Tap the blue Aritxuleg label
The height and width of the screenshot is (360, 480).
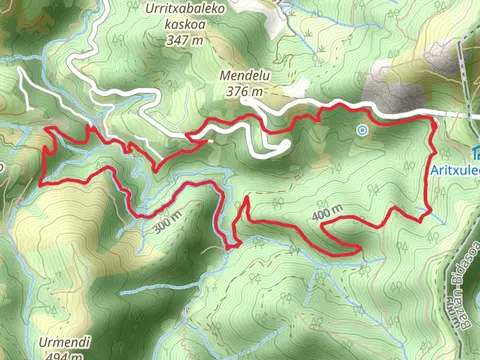[455, 170]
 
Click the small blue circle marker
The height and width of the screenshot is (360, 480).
[362, 129]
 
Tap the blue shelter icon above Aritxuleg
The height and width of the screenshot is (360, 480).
[476, 152]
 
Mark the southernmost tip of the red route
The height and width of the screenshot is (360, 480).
[231, 247]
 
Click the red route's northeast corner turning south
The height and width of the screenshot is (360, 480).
[433, 118]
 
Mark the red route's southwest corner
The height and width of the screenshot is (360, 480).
[41, 184]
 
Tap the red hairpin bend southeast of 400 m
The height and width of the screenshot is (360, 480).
[356, 247]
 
